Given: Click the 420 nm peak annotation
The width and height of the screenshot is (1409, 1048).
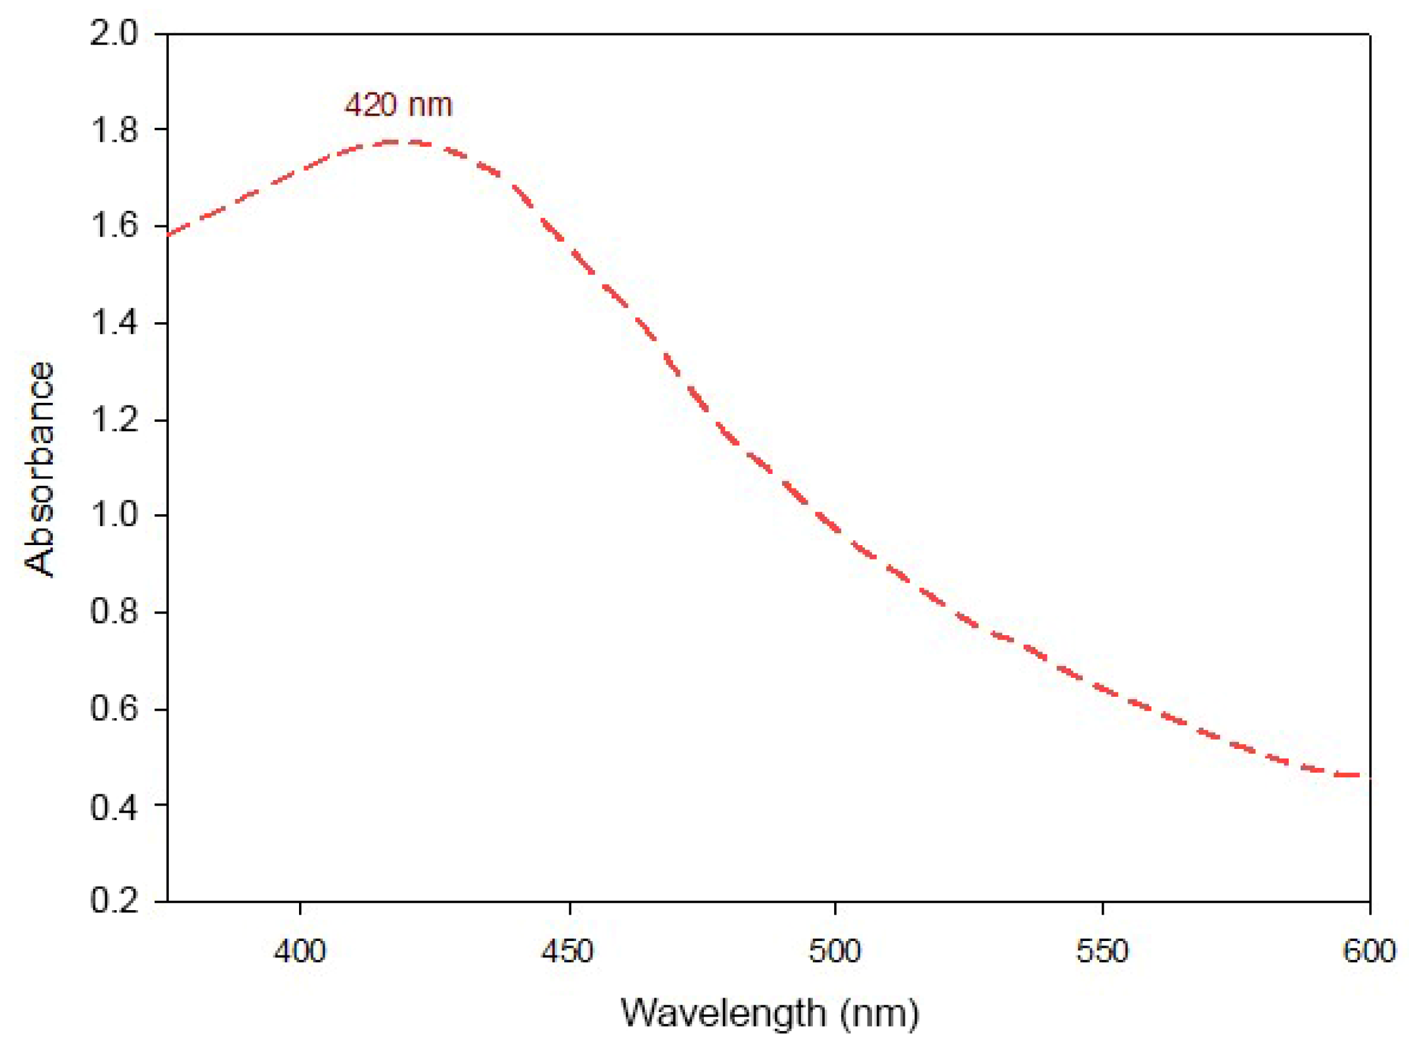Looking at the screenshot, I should [398, 104].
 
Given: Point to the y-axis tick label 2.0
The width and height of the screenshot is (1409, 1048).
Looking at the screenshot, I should [113, 33].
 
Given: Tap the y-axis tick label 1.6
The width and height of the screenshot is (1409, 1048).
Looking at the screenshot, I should [113, 227].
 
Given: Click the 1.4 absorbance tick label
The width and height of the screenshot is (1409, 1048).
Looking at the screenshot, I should [113, 324].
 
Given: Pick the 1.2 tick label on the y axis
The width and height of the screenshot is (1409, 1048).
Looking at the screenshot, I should [113, 420].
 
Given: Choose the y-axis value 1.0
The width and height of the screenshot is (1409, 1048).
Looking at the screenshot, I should [113, 515].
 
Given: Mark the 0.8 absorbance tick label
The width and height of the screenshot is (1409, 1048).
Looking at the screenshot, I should [113, 612].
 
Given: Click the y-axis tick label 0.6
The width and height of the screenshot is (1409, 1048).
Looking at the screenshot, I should [113, 709].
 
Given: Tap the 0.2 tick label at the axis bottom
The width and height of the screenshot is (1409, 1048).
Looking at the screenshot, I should [113, 901].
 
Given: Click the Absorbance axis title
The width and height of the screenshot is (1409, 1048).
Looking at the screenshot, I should [39, 470].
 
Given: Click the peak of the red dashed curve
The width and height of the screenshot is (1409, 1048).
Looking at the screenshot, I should [393, 142].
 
